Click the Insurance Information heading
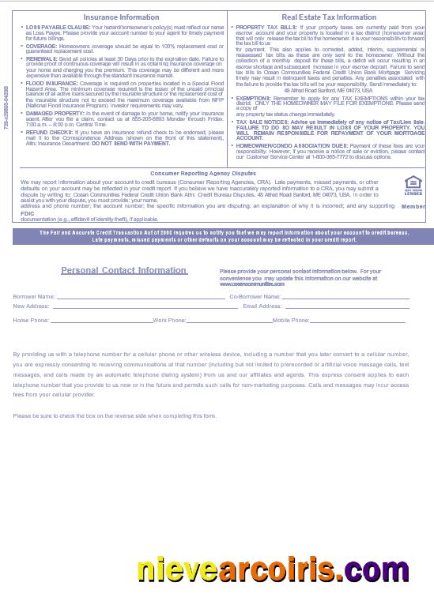121,17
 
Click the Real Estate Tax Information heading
329,17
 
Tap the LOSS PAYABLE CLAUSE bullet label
58,28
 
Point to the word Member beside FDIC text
413,207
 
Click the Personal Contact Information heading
123,270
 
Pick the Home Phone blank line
101,321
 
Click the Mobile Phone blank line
357,321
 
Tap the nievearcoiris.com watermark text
273,569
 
